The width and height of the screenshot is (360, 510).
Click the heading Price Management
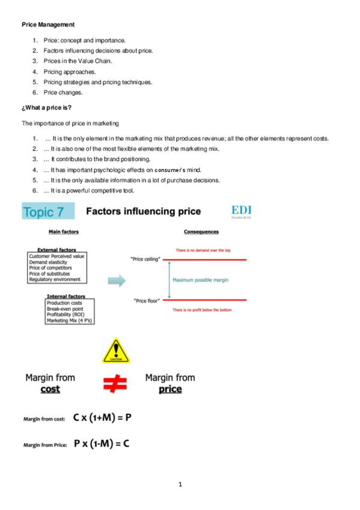(x=48, y=25)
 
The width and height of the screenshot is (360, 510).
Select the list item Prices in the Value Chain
(x=69, y=61)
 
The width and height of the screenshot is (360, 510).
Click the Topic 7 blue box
(x=48, y=212)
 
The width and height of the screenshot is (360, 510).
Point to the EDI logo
(x=242, y=212)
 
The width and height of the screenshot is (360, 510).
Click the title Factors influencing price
(x=144, y=212)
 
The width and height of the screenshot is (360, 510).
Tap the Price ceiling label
(x=145, y=259)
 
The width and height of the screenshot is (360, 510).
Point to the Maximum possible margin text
(x=200, y=280)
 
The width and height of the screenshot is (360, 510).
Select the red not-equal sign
(x=115, y=383)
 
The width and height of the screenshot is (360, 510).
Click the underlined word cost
(x=50, y=389)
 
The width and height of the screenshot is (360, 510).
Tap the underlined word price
(x=171, y=389)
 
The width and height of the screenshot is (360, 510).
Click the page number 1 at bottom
(x=180, y=484)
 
